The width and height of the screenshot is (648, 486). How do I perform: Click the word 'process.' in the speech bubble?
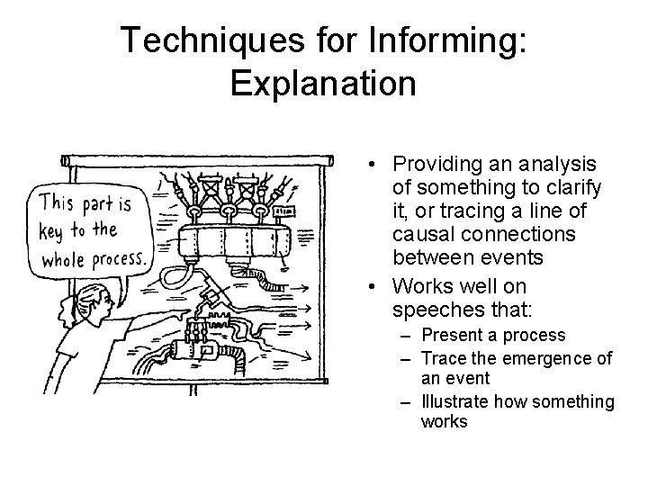[113, 260]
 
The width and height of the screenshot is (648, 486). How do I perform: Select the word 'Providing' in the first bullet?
[431, 164]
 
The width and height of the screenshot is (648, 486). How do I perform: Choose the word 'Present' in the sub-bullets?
[450, 336]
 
